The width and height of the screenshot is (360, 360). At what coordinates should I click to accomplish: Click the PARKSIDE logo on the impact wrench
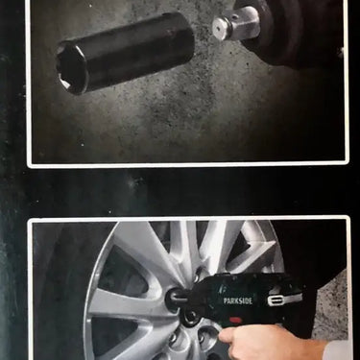tap(238, 300)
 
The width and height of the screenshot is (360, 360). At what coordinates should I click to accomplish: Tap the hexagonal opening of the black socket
tap(71, 68)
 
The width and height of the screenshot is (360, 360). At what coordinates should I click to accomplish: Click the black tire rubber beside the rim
tap(60, 288)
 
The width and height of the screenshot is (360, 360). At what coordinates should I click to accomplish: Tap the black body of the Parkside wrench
tap(243, 300)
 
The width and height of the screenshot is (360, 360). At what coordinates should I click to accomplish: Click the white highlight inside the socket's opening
tap(65, 84)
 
